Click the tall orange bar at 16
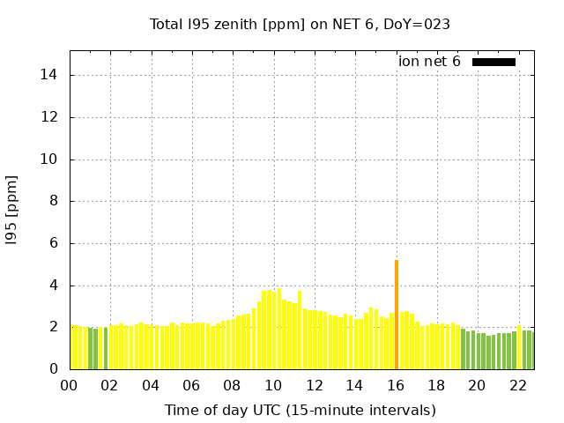[x=397, y=315]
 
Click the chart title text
[x=300, y=25]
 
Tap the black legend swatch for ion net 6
[x=493, y=62]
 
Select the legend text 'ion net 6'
[x=429, y=62]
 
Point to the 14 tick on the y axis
[x=49, y=75]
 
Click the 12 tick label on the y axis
[x=49, y=117]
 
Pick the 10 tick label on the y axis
[x=49, y=160]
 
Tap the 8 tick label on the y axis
[x=53, y=201]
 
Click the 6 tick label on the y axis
[x=53, y=243]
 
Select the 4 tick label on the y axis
[x=53, y=286]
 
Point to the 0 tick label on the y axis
[x=53, y=369]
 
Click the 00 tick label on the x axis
[x=70, y=385]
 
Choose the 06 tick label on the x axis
[x=192, y=385]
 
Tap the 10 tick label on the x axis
[x=273, y=385]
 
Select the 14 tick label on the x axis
[x=355, y=385]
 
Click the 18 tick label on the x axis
[x=436, y=385]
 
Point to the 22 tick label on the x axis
[x=518, y=385]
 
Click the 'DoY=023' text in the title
[x=417, y=25]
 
